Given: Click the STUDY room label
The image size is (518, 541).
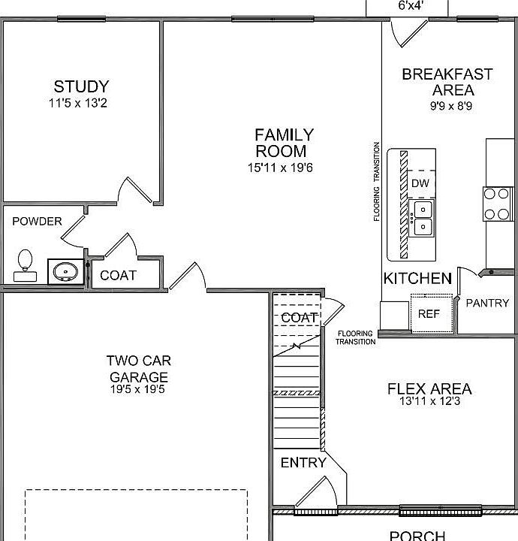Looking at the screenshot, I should [x=81, y=87].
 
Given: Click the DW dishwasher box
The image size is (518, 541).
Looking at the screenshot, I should [x=420, y=183].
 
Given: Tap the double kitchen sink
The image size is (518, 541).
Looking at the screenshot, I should [x=423, y=217].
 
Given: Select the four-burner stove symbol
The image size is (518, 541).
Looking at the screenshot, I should [x=497, y=204].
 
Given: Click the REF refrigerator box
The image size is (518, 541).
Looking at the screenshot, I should [x=429, y=313].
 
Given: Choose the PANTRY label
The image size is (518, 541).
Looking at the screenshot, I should [x=487, y=304].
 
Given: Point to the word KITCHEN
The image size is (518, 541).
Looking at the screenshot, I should [x=417, y=279].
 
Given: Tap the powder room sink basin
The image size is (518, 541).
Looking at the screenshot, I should [x=66, y=271].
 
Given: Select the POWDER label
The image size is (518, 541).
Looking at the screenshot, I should [x=37, y=222].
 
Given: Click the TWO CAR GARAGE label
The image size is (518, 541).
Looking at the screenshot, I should [x=138, y=368].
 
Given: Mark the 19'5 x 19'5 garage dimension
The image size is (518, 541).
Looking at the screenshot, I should [x=138, y=389].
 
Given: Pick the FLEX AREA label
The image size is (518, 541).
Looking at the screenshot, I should [x=429, y=389].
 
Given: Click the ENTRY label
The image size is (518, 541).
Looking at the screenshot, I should [x=303, y=463].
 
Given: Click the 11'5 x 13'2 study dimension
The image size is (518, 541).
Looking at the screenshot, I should [x=81, y=104].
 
